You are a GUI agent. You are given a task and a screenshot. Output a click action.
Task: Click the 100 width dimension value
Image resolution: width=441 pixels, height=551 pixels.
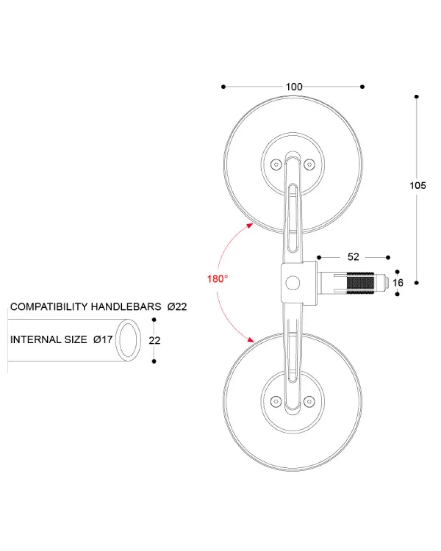coord(294,87)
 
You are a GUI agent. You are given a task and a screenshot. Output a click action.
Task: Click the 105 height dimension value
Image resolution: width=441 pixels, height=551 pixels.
coord(417,185)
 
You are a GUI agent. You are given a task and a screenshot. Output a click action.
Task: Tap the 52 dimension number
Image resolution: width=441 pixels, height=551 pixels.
coord(353,257)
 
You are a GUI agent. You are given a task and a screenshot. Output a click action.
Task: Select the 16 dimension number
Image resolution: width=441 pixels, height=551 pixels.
coord(398,283)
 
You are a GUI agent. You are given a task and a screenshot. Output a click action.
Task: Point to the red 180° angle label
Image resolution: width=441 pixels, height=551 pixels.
coord(217,279)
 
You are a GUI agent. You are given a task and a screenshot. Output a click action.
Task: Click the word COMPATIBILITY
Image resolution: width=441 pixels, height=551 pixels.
coord(49,307)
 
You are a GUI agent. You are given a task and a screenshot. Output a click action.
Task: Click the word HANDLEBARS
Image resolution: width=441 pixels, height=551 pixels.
coord(126,307)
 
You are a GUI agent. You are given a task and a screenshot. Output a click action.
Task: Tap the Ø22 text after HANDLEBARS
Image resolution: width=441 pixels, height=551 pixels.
coord(177,307)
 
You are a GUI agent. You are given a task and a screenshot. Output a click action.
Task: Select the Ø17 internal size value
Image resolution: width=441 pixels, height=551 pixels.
coord(103,340)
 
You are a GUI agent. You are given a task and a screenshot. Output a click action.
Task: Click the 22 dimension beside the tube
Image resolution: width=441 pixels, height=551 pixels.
coord(154,340)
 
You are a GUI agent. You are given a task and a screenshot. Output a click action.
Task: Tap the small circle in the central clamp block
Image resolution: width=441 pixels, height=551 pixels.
coord(293,283)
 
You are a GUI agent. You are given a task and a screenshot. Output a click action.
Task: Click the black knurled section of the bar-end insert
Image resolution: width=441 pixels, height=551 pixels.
coord(360,283)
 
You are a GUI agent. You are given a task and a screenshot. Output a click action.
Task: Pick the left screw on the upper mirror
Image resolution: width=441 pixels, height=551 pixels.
coord(276,164)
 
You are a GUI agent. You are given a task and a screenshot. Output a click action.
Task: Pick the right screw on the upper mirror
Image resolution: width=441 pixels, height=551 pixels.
coord(309,164)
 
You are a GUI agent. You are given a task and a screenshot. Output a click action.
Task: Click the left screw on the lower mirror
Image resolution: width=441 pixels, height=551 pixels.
coord(276,401)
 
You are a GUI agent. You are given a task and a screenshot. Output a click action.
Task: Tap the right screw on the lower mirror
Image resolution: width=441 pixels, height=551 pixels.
coord(309,401)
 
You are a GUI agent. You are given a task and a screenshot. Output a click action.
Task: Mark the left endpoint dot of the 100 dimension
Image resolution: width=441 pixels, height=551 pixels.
coord(223,87)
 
